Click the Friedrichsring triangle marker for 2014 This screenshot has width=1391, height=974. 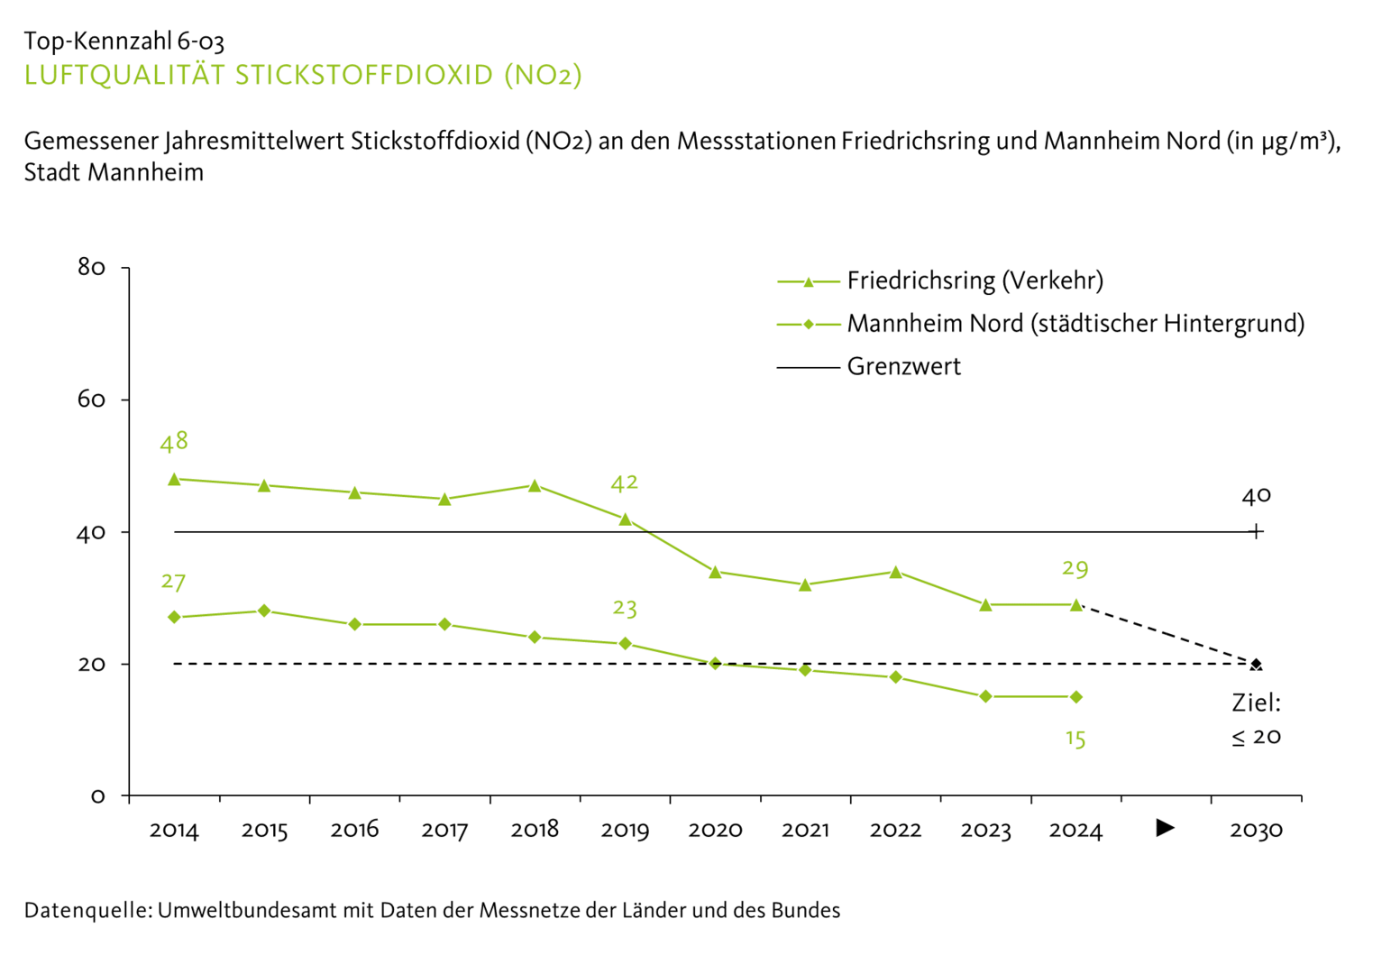click(x=174, y=479)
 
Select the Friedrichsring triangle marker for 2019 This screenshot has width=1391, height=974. click(x=625, y=519)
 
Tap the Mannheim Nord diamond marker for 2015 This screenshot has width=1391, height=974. click(x=264, y=611)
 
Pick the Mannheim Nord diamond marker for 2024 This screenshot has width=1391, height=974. click(x=1075, y=696)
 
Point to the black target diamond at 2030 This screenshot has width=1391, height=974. click(x=1256, y=665)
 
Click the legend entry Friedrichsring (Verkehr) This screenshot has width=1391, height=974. click(x=974, y=281)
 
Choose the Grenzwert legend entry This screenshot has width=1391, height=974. click(x=903, y=367)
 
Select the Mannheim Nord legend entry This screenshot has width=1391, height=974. click(x=1075, y=324)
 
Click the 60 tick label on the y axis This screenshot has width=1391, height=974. click(x=92, y=400)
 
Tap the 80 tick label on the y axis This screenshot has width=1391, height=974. click(x=92, y=267)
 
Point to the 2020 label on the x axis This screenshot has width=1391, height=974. click(x=715, y=830)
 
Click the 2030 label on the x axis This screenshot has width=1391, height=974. click(x=1256, y=830)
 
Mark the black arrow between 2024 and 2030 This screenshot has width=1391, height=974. click(x=1165, y=828)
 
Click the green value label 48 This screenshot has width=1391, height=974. click(x=174, y=442)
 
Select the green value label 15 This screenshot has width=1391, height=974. click(x=1075, y=739)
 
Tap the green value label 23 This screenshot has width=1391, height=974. click(x=625, y=609)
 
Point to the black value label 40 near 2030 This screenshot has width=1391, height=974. click(x=1256, y=495)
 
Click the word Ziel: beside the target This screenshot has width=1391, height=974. click(x=1256, y=703)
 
